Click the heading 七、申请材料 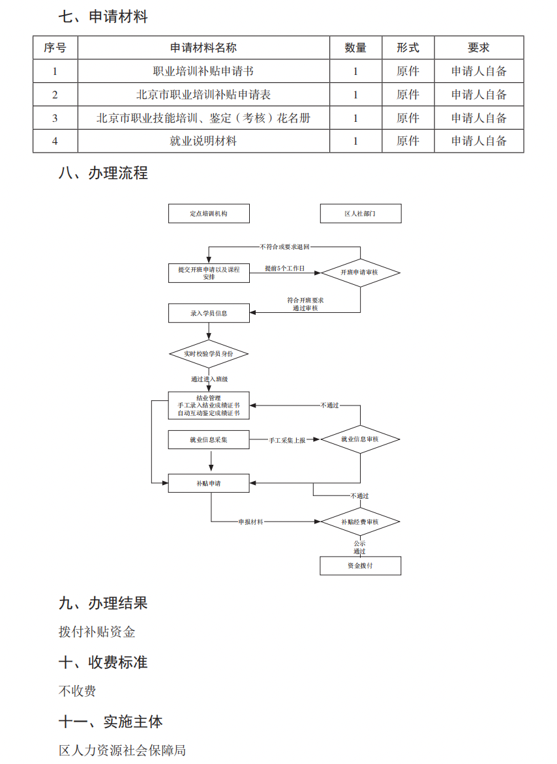click(x=103, y=17)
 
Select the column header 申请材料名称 click(x=203, y=48)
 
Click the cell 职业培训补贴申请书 click(x=203, y=71)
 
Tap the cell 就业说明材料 click(x=203, y=141)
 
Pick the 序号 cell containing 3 click(x=55, y=118)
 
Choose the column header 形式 click(x=408, y=48)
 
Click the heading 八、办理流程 click(x=103, y=173)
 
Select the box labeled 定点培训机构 click(x=209, y=214)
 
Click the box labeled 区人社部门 click(x=360, y=214)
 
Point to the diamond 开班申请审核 click(x=359, y=272)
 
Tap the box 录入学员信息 click(x=209, y=313)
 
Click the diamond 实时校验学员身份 click(x=209, y=353)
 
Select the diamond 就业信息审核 click(x=359, y=439)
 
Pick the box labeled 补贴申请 click(x=209, y=483)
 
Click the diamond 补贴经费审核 click(x=359, y=522)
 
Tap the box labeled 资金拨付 click(x=360, y=566)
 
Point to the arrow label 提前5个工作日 click(x=284, y=269)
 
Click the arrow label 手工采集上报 click(x=287, y=441)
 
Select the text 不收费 click(x=77, y=691)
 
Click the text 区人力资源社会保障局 click(x=122, y=750)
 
